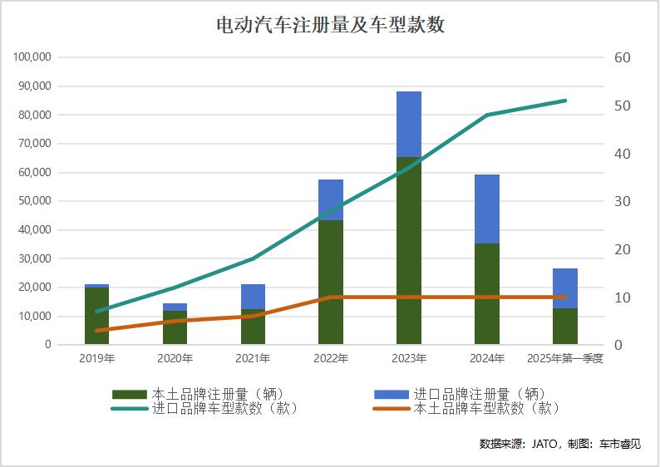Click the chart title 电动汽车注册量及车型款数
[330, 25]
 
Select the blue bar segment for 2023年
[409, 124]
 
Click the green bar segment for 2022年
[331, 283]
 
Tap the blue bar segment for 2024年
[487, 209]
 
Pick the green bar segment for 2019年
[96, 316]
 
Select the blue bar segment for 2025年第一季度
[565, 288]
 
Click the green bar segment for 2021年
[253, 327]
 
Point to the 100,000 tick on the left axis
[33, 57]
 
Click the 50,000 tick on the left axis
[36, 201]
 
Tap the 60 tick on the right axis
[623, 57]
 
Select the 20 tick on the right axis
[623, 249]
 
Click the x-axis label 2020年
[175, 359]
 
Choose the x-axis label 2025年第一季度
[565, 359]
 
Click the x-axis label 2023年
[409, 359]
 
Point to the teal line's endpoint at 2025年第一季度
[565, 101]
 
